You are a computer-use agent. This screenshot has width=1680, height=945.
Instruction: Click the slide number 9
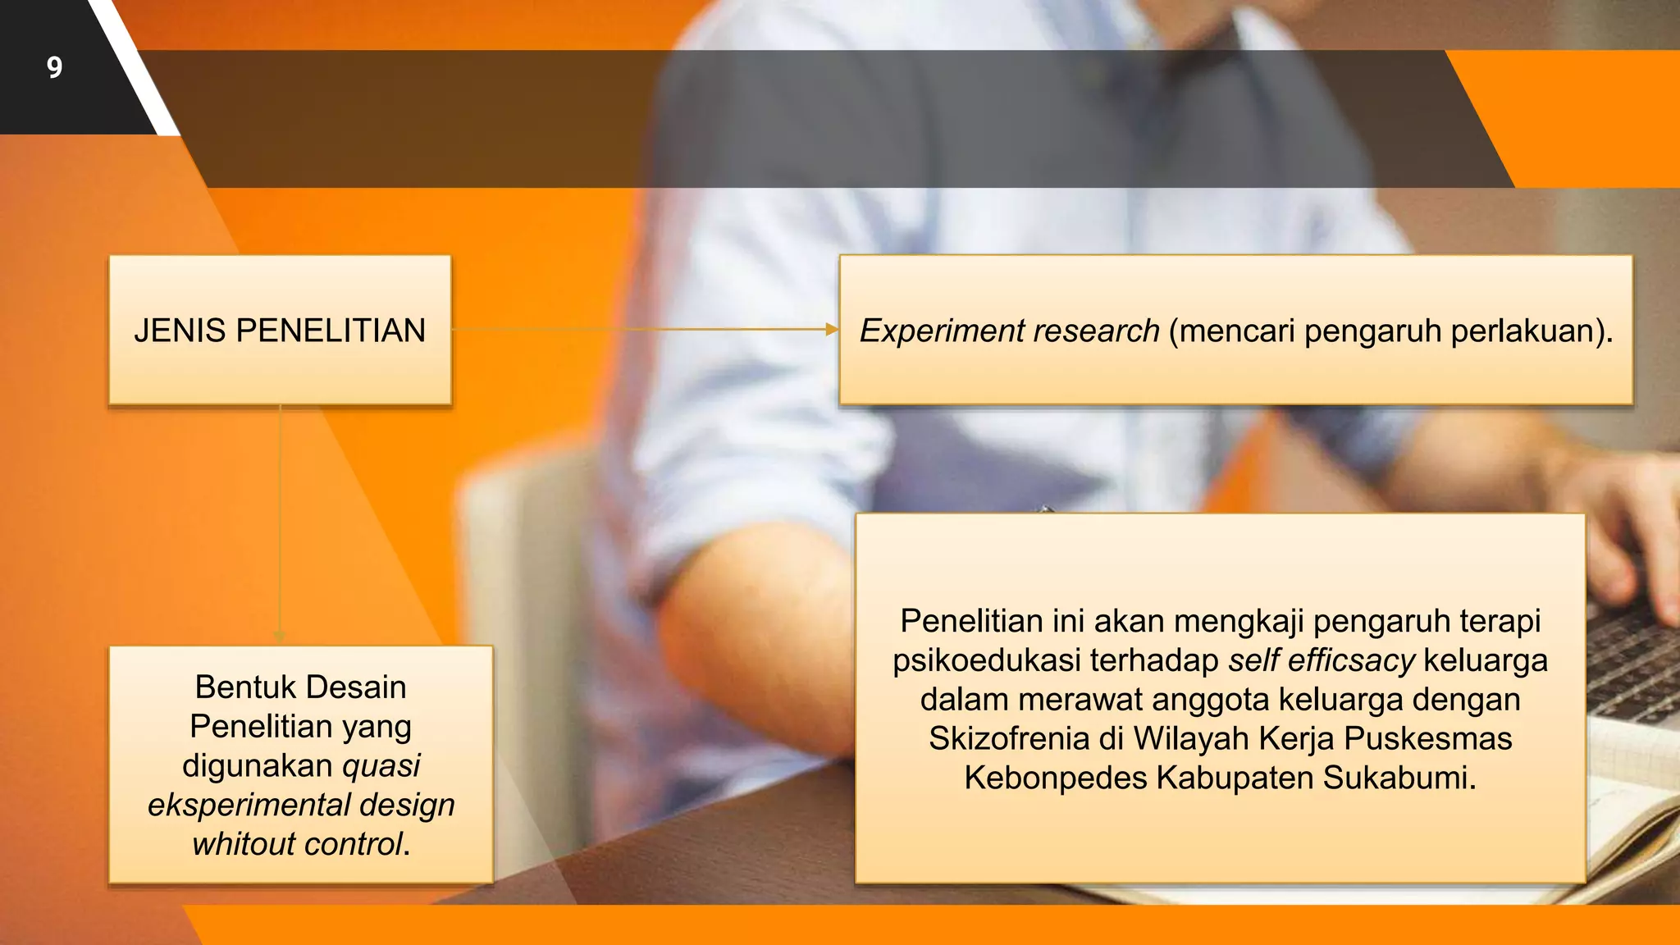54,67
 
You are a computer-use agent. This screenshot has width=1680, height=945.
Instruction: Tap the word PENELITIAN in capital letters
331,331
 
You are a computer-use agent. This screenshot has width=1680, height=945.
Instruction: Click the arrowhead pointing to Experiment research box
831,330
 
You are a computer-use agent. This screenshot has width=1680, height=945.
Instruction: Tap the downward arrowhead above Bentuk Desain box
280,637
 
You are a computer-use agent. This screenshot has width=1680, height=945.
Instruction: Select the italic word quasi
381,766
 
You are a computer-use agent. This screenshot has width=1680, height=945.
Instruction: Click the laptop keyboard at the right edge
1632,656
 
